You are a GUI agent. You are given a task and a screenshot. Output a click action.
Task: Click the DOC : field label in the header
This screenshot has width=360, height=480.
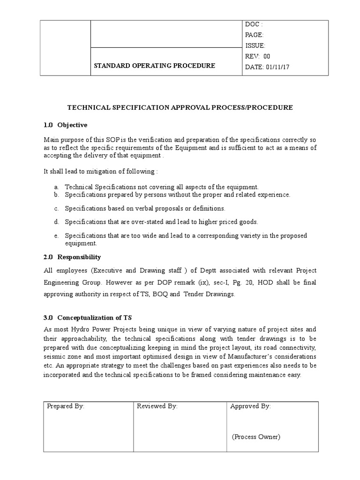coord(254,24)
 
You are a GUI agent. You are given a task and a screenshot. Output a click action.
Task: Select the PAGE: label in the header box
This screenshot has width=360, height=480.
coord(255,35)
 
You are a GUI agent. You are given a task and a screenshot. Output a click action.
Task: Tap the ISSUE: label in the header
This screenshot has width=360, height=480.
coord(255,45)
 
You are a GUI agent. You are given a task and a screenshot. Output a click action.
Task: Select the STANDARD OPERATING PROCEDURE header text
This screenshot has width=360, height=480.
coord(155,66)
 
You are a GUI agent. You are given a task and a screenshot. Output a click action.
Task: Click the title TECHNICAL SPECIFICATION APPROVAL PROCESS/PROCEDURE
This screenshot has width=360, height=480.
coord(180,107)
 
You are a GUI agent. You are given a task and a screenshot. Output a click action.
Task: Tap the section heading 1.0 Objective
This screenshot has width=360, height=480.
coord(66,125)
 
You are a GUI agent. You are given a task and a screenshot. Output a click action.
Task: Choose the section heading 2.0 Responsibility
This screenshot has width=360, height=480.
coord(72,257)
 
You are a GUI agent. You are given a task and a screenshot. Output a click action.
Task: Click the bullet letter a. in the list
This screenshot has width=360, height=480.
coord(56,187)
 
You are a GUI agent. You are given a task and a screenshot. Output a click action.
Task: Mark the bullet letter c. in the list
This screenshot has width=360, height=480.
coord(56,208)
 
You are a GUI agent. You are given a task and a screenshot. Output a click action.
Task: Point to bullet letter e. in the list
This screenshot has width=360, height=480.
coord(56,235)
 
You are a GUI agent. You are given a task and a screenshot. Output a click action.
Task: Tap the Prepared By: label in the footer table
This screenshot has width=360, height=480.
coord(66,406)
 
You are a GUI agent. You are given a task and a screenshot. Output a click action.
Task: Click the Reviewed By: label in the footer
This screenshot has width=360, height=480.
coord(157,406)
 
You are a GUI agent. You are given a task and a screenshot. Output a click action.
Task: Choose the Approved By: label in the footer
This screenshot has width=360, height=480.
coord(250,406)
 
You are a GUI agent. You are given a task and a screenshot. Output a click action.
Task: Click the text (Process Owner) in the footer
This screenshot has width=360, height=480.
coord(256,437)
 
